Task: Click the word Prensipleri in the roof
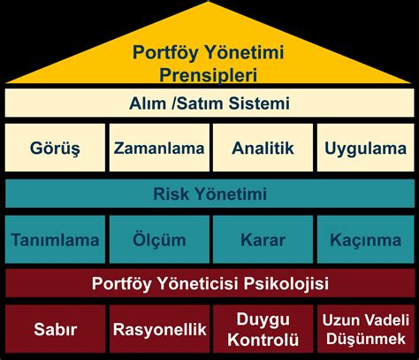[x=208, y=75]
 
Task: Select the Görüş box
[x=55, y=148]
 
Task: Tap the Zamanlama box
[x=159, y=148]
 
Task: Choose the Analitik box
[x=263, y=148]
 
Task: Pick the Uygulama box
[x=366, y=148]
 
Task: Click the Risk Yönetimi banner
[x=209, y=194]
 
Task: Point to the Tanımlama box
[x=55, y=239]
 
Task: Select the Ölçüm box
[x=159, y=239]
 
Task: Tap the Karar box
[x=263, y=239]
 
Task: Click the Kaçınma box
[x=366, y=239]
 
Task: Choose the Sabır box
[x=55, y=329]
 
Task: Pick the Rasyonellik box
[x=159, y=329]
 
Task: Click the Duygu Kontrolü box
[x=263, y=329]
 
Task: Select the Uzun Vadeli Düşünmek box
[x=366, y=329]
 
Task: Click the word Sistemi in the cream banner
[x=259, y=103]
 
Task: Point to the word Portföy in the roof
[x=165, y=53]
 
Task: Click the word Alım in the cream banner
[x=148, y=103]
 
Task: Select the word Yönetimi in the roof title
[x=244, y=52]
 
